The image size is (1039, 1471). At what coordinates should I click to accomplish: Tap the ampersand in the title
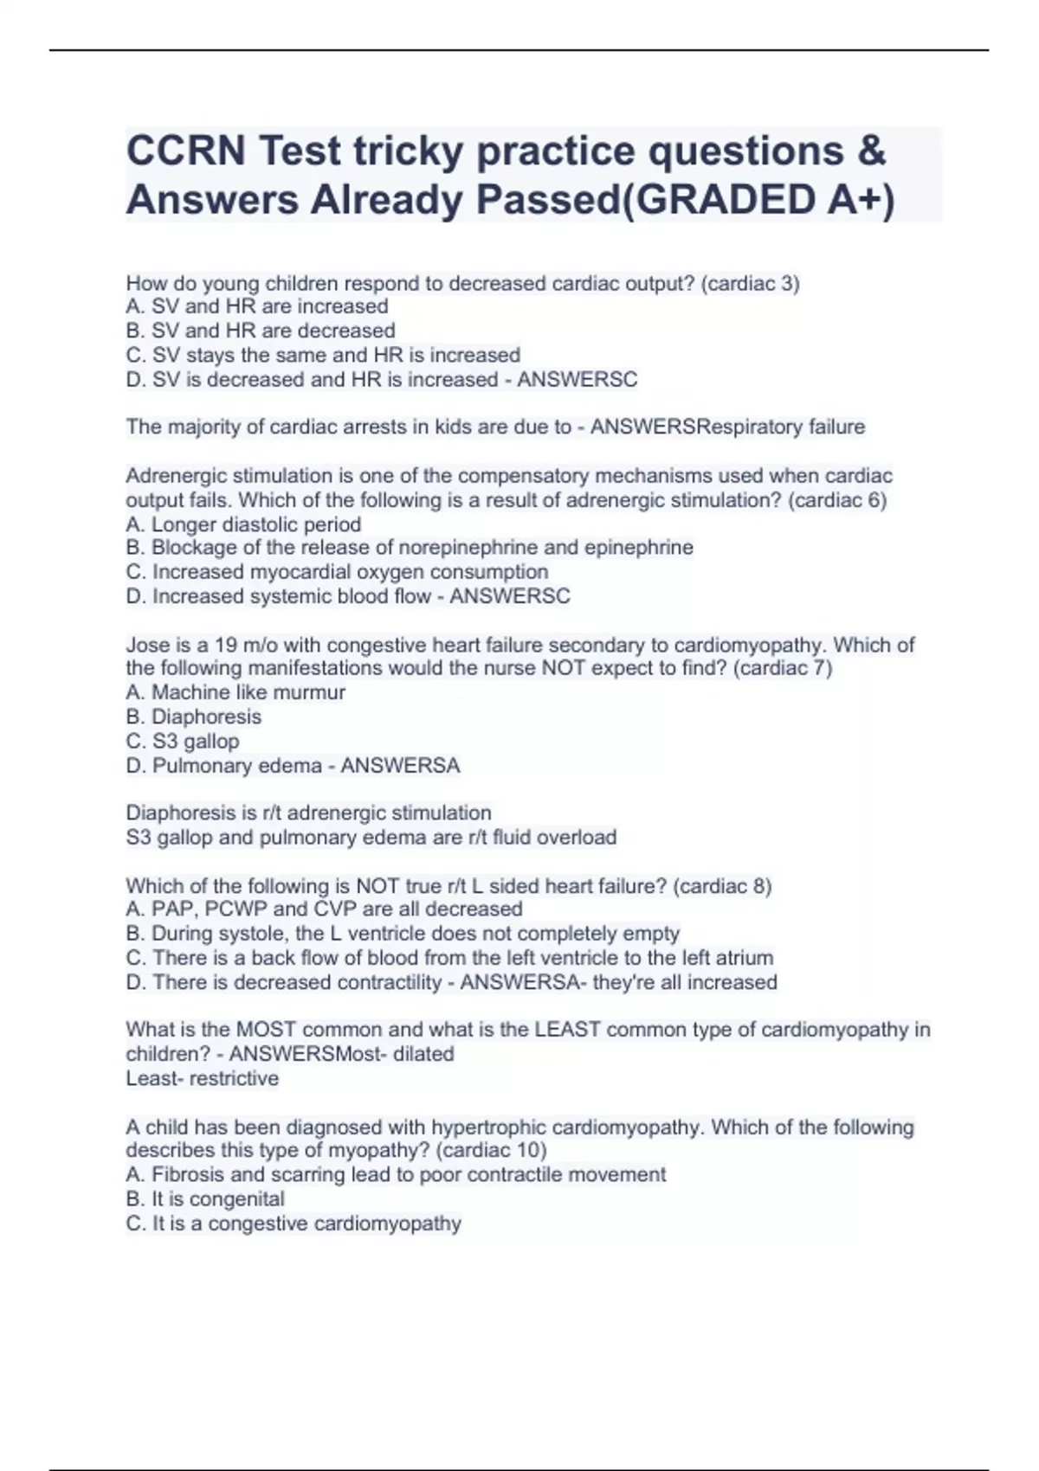873,151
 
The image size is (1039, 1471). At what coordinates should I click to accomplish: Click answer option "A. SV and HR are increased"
257,306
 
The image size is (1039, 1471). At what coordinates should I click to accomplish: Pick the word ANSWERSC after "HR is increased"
577,380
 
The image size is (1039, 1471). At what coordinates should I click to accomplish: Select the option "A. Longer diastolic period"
243,524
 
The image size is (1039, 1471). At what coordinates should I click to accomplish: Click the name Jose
148,646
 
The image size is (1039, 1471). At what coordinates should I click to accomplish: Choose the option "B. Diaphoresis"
193,717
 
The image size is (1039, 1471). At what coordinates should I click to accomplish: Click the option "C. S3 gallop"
183,742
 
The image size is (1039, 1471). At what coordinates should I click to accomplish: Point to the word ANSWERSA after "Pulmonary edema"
400,766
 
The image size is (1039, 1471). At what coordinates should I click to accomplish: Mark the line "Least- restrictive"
203,1079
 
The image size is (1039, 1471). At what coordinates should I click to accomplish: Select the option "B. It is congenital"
205,1199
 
